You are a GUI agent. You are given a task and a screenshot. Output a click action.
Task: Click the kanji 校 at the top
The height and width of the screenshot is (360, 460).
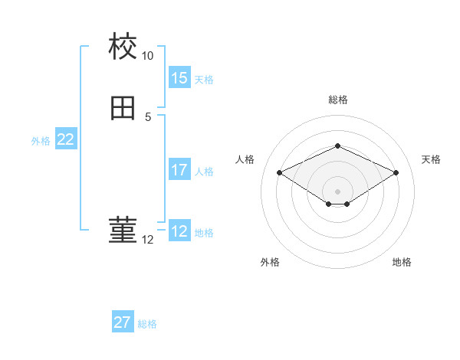[123, 47]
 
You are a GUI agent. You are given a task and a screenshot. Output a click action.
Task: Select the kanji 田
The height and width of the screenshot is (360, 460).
[123, 109]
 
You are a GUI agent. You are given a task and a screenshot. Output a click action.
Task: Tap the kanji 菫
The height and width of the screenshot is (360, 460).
[123, 231]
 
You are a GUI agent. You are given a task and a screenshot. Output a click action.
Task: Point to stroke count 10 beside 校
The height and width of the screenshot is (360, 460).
[148, 57]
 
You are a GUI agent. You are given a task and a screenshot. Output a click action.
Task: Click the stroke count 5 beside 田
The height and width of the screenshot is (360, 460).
[148, 117]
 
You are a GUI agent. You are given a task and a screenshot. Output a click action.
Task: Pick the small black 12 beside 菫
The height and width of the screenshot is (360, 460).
[148, 240]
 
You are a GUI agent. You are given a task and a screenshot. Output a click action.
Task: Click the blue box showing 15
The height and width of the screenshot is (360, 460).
[179, 78]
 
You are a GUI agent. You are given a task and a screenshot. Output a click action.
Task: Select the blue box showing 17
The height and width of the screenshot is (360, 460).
[179, 170]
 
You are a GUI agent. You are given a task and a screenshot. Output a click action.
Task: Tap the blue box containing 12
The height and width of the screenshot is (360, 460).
[179, 231]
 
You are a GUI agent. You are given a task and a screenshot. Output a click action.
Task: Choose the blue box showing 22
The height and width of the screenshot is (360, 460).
[66, 139]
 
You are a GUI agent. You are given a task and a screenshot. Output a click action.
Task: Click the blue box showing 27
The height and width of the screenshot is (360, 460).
[123, 322]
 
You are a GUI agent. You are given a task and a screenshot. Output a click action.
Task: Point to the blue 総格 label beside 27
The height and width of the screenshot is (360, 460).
[147, 324]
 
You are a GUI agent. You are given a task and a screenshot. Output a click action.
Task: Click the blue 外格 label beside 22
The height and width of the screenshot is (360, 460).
[41, 141]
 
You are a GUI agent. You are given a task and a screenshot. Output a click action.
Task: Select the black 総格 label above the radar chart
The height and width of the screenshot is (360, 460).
[338, 100]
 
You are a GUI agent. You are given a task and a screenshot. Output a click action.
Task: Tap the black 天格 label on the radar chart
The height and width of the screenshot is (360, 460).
[431, 159]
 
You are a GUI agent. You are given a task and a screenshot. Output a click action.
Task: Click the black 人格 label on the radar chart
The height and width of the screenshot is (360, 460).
[245, 159]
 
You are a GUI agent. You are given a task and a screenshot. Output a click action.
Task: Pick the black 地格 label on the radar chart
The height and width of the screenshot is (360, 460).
[402, 262]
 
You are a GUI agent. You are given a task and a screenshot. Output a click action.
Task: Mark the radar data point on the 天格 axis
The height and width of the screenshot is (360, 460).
[396, 172]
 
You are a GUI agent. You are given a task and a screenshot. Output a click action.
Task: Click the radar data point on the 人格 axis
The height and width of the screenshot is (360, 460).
[279, 172]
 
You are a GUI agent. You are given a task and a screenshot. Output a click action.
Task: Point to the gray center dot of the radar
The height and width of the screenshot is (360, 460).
[338, 191]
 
